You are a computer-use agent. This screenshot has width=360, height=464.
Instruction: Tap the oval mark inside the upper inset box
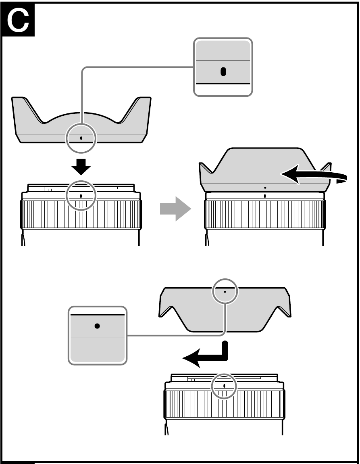click(223, 72)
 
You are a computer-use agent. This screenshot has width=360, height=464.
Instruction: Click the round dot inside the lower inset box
click(97, 326)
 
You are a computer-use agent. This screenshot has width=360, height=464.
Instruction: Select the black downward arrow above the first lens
click(81, 166)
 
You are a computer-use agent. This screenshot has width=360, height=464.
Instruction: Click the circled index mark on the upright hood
click(81, 138)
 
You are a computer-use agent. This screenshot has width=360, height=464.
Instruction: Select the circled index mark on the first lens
click(81, 196)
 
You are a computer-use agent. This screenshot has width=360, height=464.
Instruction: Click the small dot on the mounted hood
click(265, 188)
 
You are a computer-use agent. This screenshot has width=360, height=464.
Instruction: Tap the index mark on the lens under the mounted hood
click(265, 196)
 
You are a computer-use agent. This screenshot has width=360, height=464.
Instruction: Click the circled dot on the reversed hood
click(225, 291)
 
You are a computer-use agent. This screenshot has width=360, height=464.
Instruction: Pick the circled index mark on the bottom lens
click(224, 385)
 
